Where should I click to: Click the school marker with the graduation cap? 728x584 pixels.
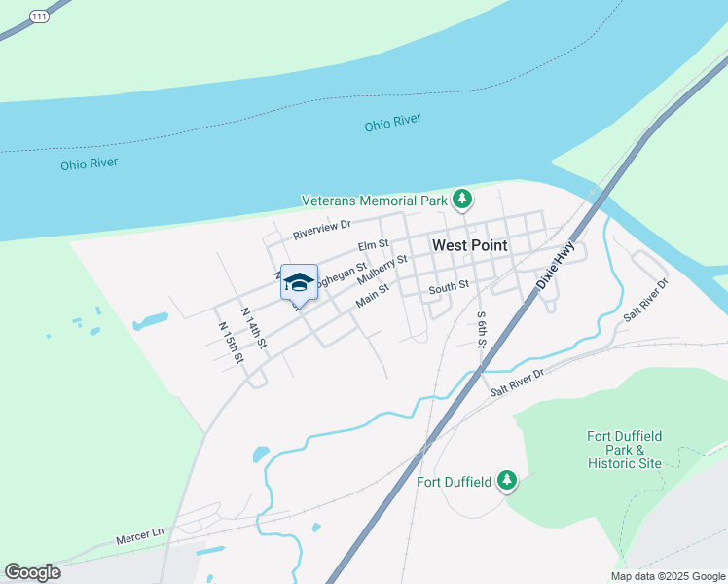(299, 283)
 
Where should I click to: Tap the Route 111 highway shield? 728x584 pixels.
(38, 17)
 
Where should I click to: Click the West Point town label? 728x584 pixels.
(469, 245)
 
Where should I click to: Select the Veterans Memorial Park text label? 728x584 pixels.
(374, 201)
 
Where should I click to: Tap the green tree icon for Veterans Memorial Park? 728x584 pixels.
(462, 201)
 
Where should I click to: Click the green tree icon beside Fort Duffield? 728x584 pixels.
(506, 480)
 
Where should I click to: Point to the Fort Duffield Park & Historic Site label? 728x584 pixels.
(624, 450)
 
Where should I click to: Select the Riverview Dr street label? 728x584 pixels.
(322, 230)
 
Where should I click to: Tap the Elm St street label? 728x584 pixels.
(373, 244)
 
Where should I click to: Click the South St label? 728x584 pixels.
(450, 285)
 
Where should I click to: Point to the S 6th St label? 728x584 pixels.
(481, 330)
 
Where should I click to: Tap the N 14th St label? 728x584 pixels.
(253, 328)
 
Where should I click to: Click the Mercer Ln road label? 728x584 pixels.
(140, 535)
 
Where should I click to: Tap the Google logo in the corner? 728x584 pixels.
(32, 572)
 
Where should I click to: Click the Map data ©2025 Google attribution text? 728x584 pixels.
(669, 576)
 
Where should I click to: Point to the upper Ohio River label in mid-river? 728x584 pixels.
(392, 125)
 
